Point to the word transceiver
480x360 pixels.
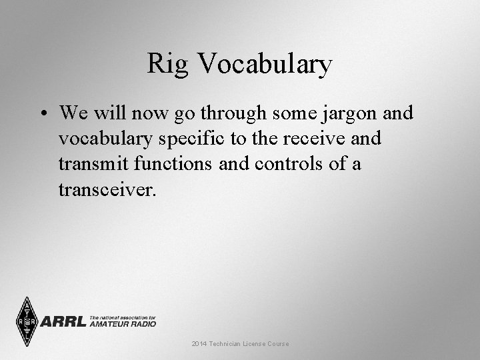[x=107, y=191]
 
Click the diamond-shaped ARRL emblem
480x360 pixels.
[x=27, y=321]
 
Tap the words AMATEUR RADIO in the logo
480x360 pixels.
[x=123, y=324]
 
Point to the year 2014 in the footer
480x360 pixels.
[x=199, y=343]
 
